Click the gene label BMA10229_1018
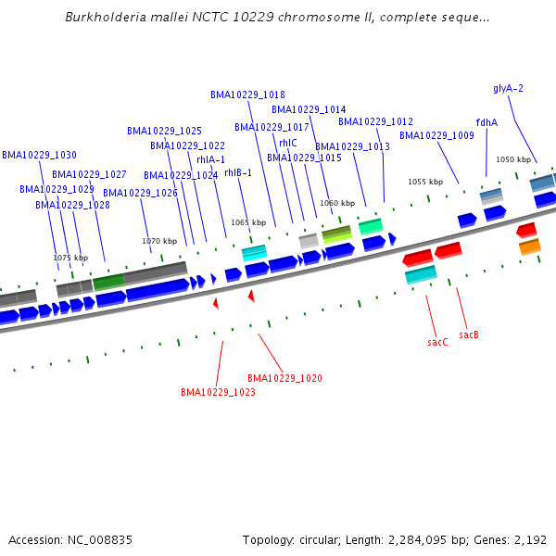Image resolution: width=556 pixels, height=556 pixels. [247, 95]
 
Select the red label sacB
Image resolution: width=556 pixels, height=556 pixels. [468, 334]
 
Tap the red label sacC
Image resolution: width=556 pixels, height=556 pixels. [437, 342]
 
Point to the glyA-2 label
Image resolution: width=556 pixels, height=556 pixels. [508, 88]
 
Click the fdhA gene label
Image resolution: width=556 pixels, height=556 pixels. [486, 122]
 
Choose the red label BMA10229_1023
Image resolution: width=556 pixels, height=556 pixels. [218, 392]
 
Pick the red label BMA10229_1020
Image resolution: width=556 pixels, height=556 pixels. [284, 378]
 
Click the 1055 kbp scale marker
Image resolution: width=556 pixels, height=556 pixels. [425, 182]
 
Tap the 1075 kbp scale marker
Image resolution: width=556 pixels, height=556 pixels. [70, 258]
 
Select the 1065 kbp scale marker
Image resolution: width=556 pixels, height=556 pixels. [248, 222]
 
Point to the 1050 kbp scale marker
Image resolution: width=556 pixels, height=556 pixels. [513, 159]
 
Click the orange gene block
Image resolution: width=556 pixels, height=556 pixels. [529, 246]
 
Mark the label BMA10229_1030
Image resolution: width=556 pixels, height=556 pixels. [39, 155]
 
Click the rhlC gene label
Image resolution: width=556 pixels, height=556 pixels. [288, 143]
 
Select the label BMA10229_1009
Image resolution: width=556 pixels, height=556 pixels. [436, 135]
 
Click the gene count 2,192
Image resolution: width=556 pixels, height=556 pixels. [533, 539]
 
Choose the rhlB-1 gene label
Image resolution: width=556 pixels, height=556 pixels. [238, 172]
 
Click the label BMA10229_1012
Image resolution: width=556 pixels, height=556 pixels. [375, 121]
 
